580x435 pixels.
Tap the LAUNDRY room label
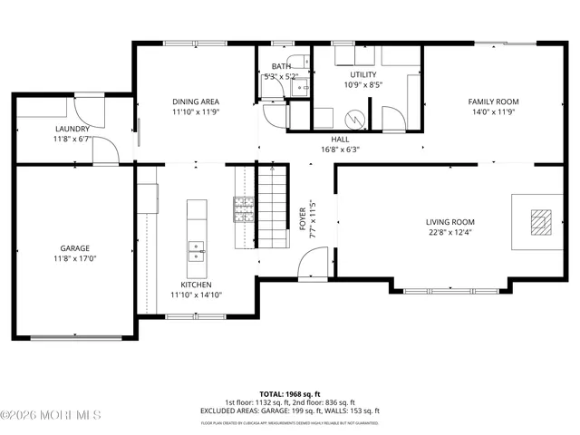coord(72,129)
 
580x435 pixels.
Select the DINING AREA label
coord(197,101)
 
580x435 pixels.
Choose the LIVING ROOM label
coord(450,222)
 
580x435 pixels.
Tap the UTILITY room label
coord(363,74)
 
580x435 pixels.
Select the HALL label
coord(340,139)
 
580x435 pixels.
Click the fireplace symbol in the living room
coord(540,221)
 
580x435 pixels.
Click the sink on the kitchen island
coord(197,250)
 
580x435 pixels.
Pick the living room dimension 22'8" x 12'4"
coord(450,233)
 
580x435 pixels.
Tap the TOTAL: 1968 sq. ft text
coord(290,393)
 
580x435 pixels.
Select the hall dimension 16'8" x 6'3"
coord(340,150)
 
